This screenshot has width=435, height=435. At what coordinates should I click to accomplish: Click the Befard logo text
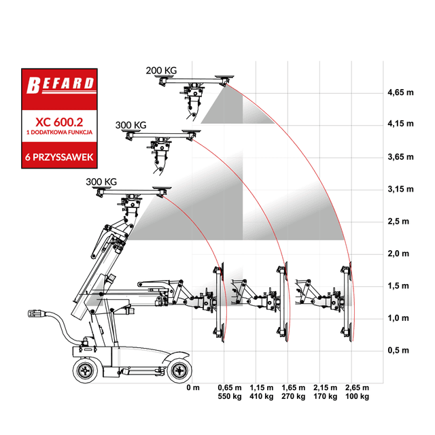[x=60, y=84]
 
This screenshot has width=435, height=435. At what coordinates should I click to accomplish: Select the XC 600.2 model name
[x=59, y=122]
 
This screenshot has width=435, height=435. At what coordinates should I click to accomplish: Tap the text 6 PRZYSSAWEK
[x=59, y=157]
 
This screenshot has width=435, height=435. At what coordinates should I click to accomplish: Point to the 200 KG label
[x=161, y=71]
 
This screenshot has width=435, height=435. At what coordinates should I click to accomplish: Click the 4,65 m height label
[x=400, y=92]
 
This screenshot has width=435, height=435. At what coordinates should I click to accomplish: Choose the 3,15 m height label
[x=400, y=189]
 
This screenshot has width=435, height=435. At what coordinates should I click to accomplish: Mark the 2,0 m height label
[x=398, y=254]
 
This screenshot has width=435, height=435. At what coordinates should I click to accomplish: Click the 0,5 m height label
[x=398, y=350]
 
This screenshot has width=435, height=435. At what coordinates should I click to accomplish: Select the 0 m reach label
[x=193, y=387]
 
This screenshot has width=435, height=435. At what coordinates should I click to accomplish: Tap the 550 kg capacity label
[x=230, y=396]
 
